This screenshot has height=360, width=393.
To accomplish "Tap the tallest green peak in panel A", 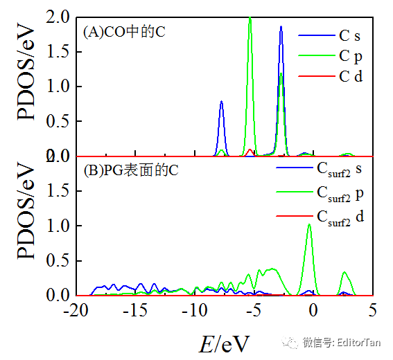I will click(250, 19).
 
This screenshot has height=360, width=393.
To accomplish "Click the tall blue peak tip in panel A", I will click(281, 27).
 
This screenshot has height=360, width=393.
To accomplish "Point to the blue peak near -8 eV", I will click(221, 102).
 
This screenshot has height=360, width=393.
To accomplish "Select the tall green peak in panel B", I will click(309, 225).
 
